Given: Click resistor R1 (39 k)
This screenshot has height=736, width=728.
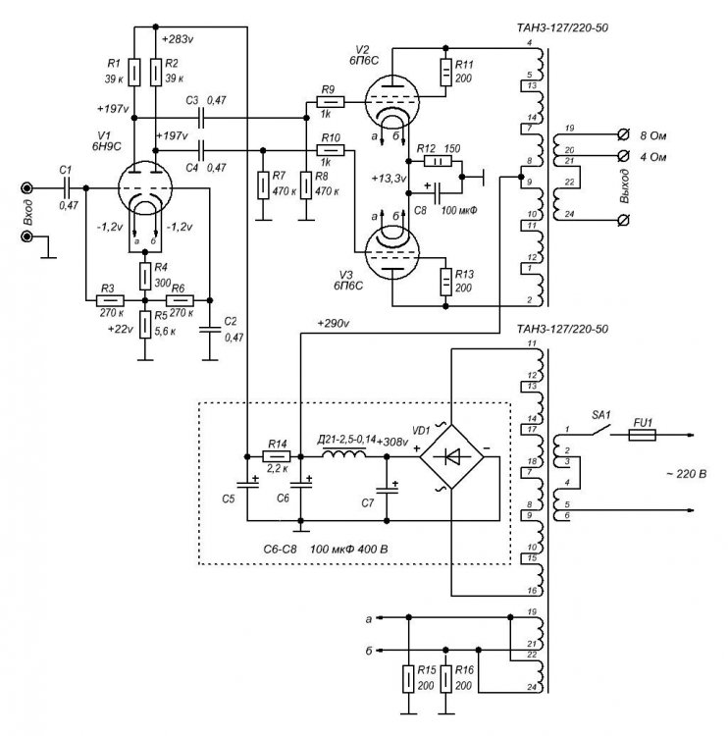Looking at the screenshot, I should coord(134,72).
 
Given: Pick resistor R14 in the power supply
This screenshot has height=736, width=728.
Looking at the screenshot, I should coord(278,457).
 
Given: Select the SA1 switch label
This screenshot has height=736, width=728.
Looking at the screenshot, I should coord(599,416).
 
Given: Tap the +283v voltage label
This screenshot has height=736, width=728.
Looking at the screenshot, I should coord(178,39).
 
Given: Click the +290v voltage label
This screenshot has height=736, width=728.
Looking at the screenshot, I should coord(335,323).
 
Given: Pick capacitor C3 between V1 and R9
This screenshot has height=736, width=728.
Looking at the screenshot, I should coord(201,117).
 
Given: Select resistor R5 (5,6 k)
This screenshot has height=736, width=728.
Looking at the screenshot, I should coord(145,323).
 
